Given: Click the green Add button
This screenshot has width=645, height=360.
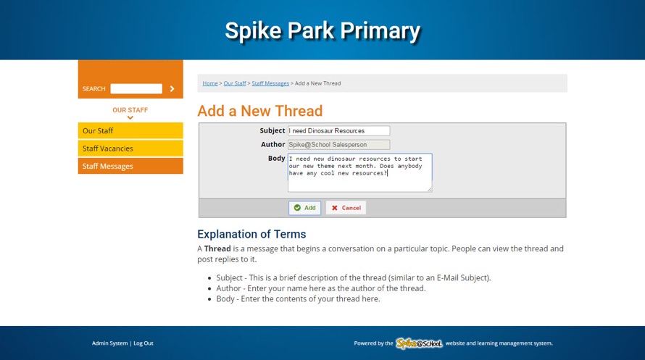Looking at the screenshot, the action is coord(304,208).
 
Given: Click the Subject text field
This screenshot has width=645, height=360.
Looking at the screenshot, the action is coord(338,130).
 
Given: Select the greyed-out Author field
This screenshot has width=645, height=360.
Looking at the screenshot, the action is coord(338,145).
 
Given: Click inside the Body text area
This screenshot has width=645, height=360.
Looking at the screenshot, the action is coord(360,172).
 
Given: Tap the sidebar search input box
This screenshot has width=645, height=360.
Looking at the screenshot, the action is coord(136,89).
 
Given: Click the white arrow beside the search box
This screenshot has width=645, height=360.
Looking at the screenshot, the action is coord(172,89).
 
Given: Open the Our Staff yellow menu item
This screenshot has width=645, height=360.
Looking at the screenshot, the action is coord(130,130).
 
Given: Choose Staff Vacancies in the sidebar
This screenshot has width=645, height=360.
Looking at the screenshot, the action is coord(130,148).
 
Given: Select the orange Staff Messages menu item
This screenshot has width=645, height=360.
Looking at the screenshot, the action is coord(130,166).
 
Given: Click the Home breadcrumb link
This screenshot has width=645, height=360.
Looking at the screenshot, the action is coord(209,83).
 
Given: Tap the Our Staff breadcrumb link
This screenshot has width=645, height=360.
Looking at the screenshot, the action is coord(235,83).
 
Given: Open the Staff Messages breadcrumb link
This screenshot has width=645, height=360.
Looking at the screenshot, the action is coord(270,83).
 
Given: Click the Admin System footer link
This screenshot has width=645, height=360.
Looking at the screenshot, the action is coord(110,343).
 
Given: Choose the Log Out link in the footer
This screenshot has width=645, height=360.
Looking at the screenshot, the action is coord(143,343).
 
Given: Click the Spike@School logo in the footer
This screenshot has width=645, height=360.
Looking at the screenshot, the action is coord(419,343).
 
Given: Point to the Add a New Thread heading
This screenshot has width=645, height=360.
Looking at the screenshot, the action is coord(260,111).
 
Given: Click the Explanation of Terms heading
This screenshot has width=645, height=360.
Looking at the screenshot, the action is coord(251,234).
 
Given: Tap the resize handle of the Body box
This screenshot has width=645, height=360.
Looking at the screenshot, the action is coord(430,189).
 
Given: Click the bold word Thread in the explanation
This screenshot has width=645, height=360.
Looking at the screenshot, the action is coord(217,248).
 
